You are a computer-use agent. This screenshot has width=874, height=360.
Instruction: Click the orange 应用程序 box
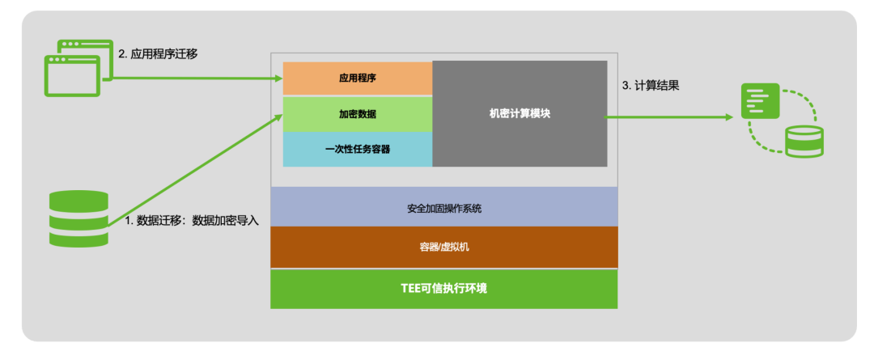point(357,78)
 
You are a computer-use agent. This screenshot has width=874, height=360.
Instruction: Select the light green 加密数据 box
point(357,114)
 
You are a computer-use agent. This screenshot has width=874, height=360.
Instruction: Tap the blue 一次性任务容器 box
point(357,150)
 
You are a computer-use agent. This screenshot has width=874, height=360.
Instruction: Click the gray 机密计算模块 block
point(520,114)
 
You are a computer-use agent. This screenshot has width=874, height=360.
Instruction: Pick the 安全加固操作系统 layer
point(443,208)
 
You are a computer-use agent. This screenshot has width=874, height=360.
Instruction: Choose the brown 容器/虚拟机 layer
point(443,247)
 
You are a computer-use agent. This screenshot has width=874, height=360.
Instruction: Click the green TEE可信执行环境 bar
point(443,289)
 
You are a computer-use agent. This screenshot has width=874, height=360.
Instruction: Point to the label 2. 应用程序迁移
point(159,54)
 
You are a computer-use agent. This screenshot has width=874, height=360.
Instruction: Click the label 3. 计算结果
point(650,84)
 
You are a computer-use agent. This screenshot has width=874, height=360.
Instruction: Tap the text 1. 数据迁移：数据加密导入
point(192,220)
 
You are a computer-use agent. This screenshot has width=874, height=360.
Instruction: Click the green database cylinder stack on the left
point(78,218)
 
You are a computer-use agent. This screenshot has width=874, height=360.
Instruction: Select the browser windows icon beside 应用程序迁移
point(78,67)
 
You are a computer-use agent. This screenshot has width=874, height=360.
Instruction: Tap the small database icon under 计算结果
point(804,141)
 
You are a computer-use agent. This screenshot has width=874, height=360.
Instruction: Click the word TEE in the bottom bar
point(413,289)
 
